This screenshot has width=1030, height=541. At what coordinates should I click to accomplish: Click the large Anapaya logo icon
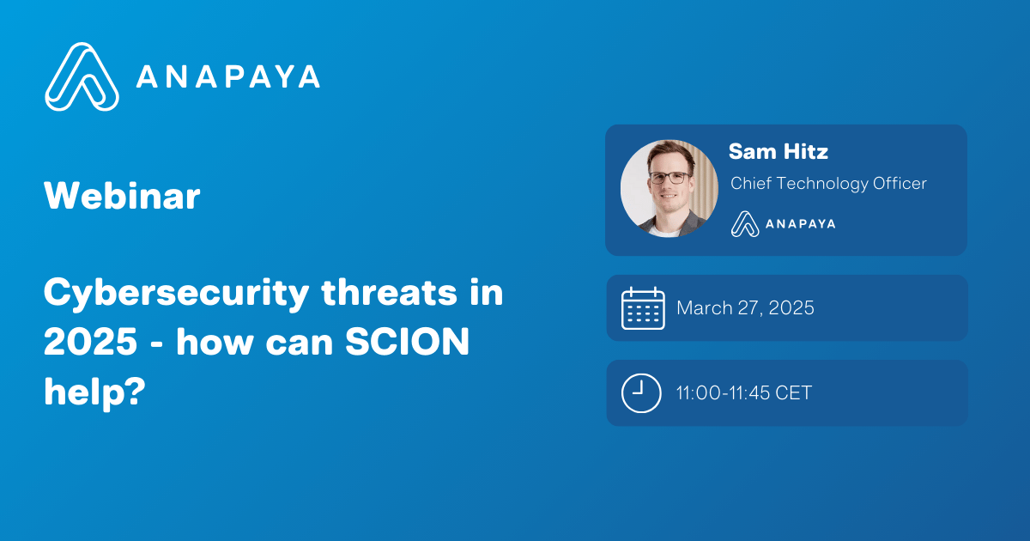82,76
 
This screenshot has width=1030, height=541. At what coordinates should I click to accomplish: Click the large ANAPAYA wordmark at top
228,76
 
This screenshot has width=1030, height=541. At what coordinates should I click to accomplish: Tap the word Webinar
122,197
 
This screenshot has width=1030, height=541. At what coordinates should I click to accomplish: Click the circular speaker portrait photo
669,188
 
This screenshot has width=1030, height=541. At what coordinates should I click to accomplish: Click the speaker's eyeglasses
669,178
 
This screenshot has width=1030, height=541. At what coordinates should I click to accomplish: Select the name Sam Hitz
778,152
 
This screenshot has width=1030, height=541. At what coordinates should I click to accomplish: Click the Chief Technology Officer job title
828,183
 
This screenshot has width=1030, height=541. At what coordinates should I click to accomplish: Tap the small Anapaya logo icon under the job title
745,223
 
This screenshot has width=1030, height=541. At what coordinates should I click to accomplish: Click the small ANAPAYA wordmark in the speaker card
801,223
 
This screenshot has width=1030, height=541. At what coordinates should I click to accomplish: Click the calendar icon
643,308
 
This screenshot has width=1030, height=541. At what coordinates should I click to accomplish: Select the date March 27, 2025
745,308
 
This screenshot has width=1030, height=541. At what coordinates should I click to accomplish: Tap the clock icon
641,393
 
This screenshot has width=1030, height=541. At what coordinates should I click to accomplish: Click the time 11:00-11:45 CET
743,393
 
